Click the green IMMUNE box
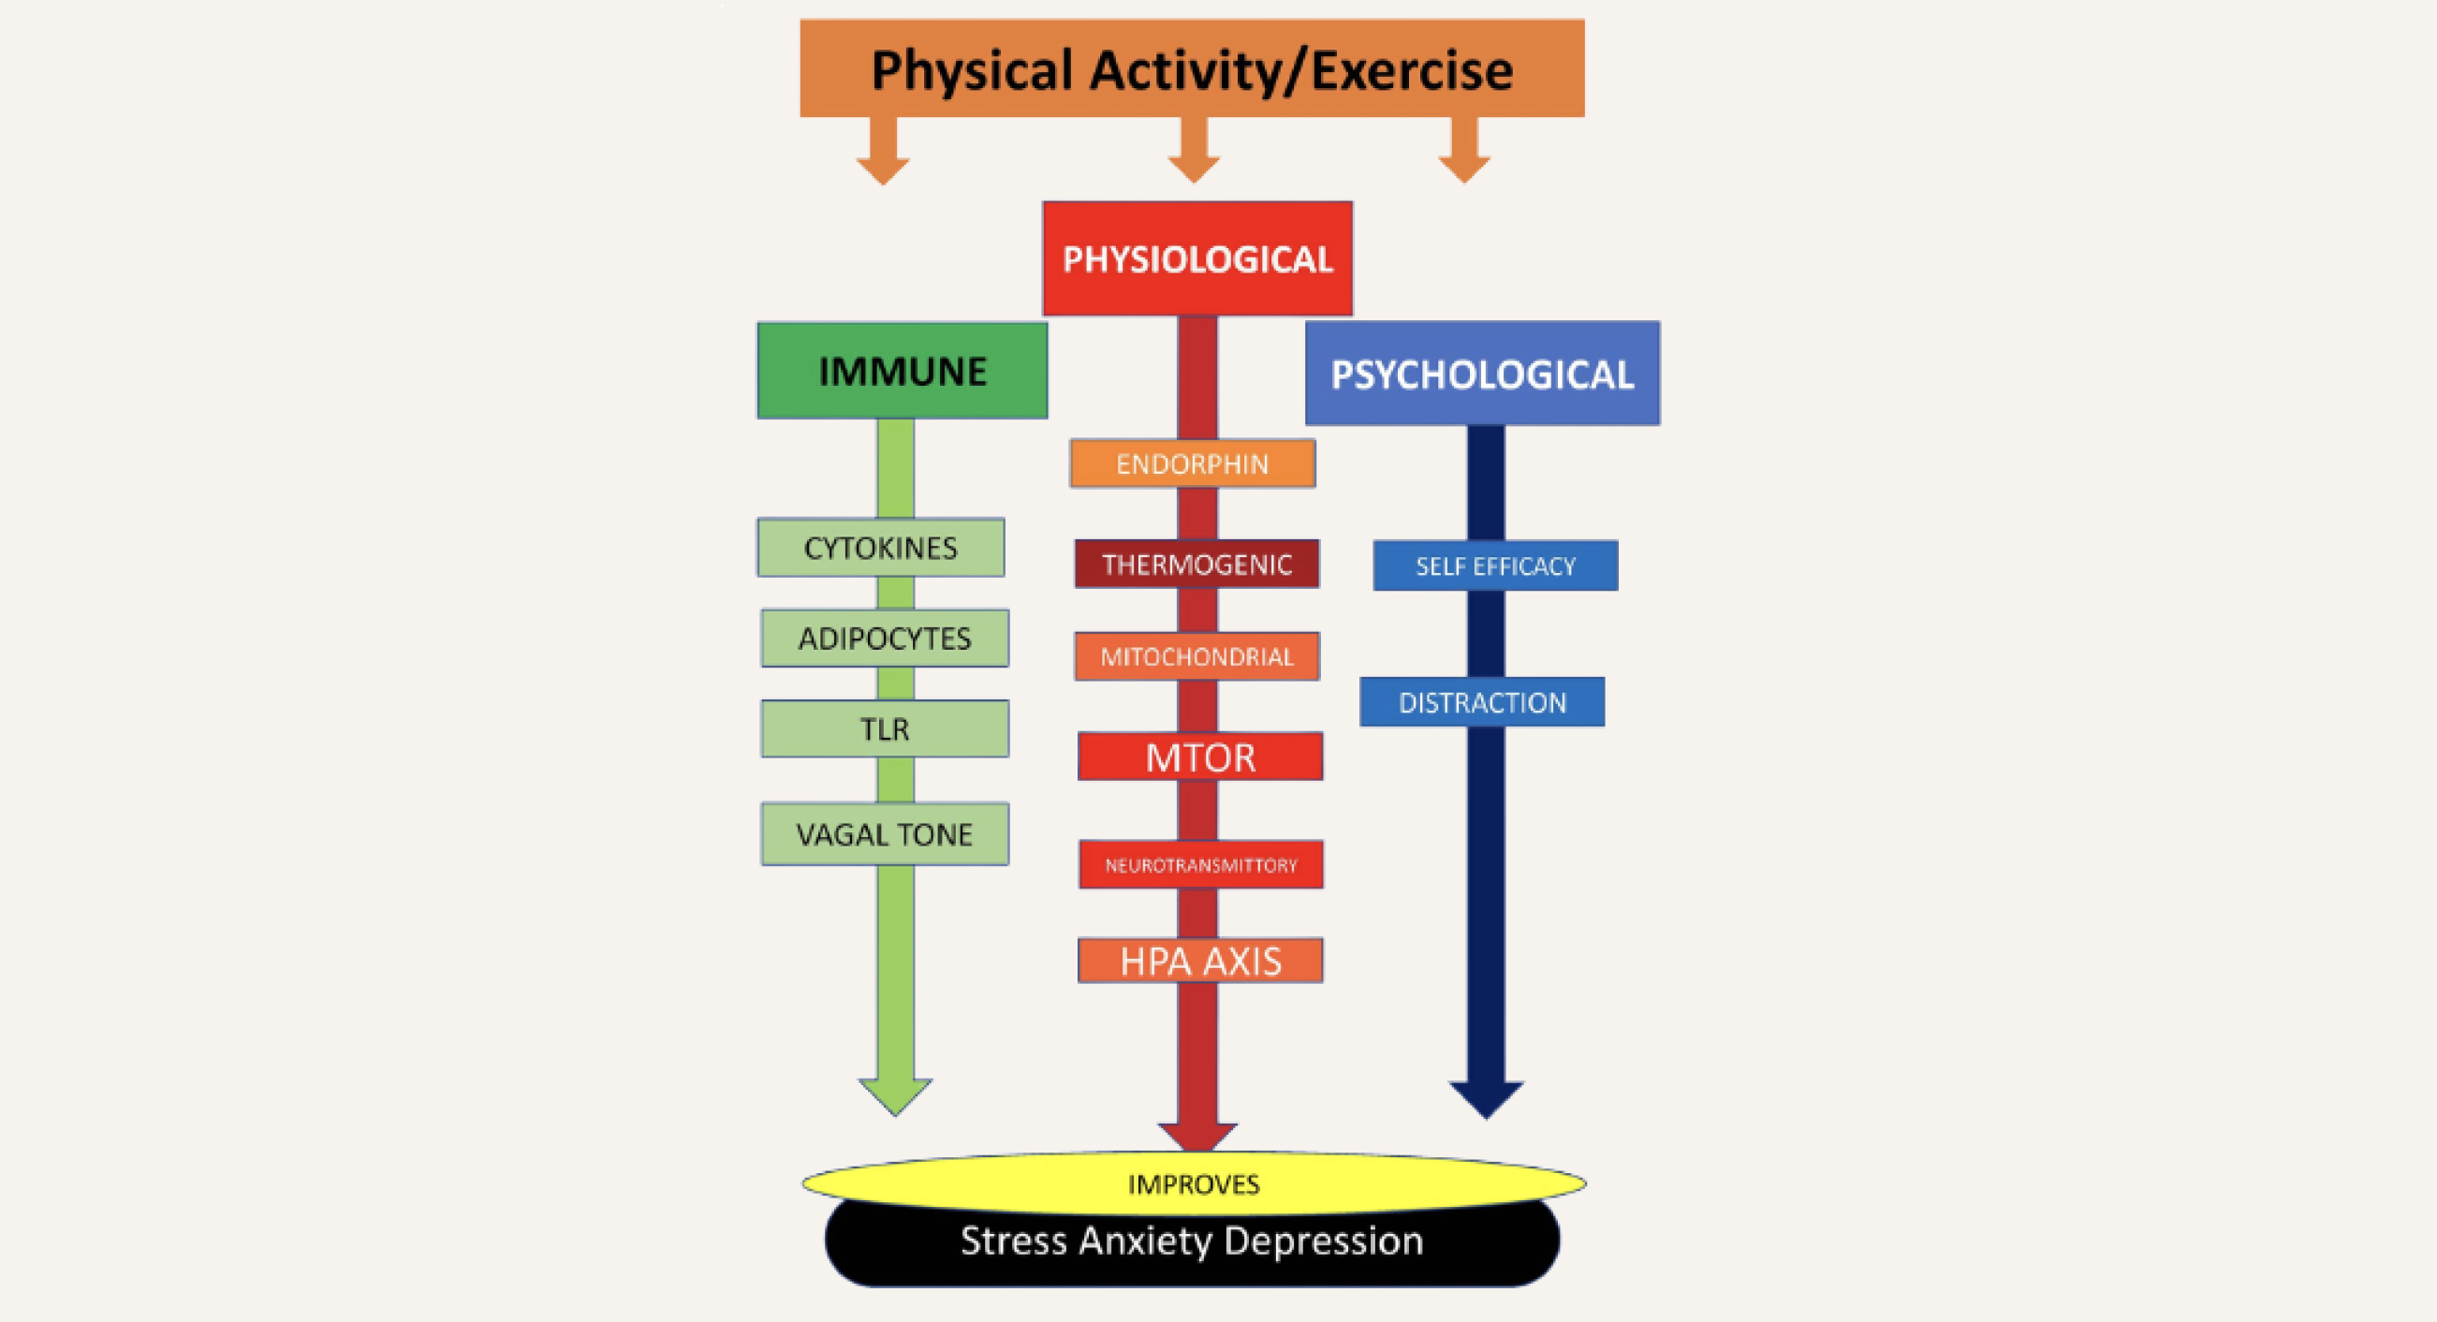point(902,371)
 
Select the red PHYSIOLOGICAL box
point(1196,258)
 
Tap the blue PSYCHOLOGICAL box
point(1481,374)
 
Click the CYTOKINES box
point(880,547)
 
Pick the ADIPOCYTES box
point(885,638)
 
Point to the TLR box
point(885,728)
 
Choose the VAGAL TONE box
point(885,833)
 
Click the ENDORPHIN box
point(1192,463)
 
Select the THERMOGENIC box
point(1196,564)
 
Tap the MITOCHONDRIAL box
point(1196,655)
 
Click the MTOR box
point(1199,756)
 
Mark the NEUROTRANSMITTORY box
point(1200,864)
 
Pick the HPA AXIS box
point(1200,961)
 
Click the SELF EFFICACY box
point(1495,565)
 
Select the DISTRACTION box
point(1481,702)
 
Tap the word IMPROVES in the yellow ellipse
point(1193,1183)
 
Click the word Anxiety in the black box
point(1145,1240)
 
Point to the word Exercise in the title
point(1412,70)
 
